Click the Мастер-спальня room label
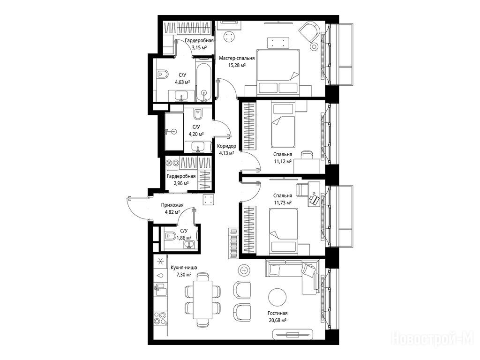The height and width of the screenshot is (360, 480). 237,58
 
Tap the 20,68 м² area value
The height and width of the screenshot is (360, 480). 277,320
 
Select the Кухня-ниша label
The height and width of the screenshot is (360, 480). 184,268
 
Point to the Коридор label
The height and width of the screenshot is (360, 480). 226,146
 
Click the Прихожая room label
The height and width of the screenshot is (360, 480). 172,205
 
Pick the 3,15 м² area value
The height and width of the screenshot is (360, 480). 199,47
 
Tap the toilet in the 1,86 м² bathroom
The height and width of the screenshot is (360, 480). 170,236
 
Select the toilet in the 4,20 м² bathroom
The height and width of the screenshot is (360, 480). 198,114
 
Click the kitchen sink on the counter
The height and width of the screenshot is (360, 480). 160,289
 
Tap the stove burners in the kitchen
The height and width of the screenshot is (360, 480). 160,318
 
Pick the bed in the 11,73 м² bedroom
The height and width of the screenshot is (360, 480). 283,232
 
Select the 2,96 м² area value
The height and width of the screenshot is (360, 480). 181,183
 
